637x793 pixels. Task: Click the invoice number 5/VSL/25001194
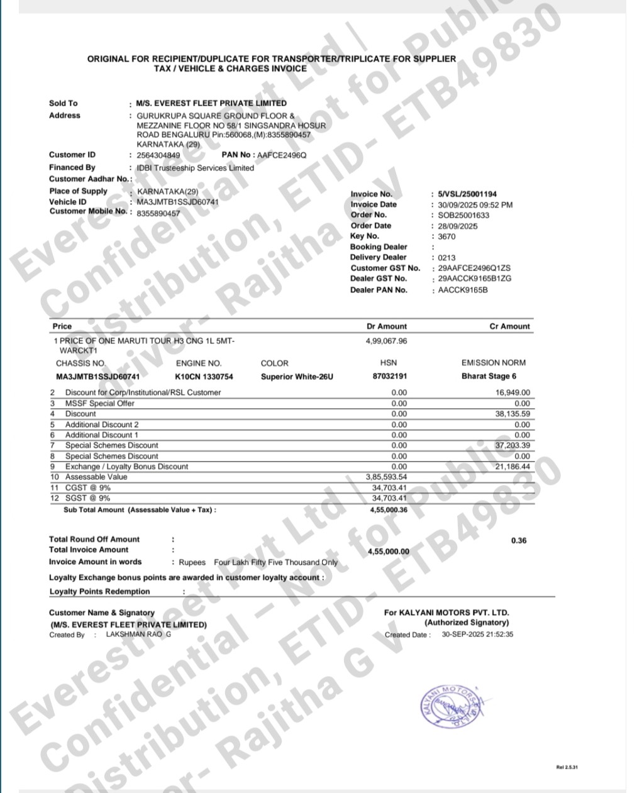coord(467,194)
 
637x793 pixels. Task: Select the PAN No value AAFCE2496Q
coord(282,155)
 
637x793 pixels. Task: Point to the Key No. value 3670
coord(446,236)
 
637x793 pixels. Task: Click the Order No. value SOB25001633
coord(463,215)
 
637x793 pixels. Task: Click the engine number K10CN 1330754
coord(204,377)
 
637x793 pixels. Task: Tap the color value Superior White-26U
coord(297,377)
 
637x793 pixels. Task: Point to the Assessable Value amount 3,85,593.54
coord(386,477)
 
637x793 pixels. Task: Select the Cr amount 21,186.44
coord(512,467)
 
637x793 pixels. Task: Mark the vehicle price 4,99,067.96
coord(386,341)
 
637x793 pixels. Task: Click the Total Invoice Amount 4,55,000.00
coord(388,552)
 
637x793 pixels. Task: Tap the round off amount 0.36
coord(519,541)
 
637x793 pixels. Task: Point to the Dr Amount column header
coord(386,326)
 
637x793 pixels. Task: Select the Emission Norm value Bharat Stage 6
coord(489,377)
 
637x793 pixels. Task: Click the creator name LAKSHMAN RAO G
coord(138,635)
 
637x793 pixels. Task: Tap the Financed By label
coord(72,167)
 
